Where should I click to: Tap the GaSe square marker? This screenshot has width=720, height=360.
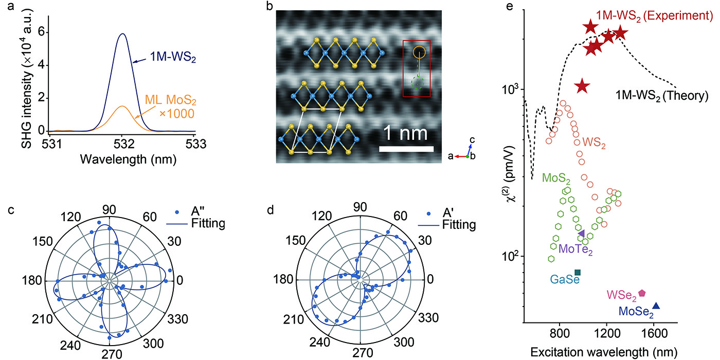pyautogui.click(x=578, y=272)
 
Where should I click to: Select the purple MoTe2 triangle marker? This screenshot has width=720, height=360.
pyautogui.click(x=581, y=233)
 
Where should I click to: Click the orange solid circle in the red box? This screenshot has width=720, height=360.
pyautogui.click(x=419, y=52)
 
